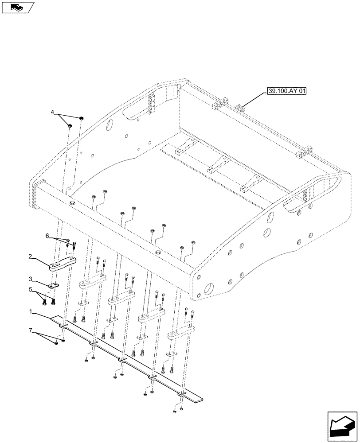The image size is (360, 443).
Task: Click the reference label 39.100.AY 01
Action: pos(287,92)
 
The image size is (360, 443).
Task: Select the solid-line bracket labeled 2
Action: pos(63,263)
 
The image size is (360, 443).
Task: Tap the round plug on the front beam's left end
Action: pos(72,202)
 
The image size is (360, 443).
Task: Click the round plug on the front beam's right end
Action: pos(158,253)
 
